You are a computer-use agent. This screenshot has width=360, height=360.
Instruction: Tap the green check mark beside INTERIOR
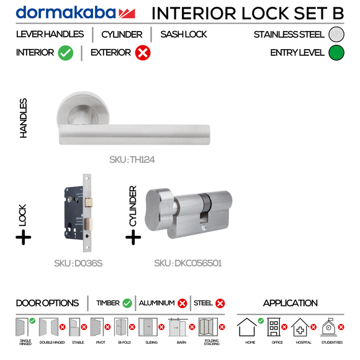[66, 53]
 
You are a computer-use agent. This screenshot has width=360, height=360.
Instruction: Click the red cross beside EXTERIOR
[142, 53]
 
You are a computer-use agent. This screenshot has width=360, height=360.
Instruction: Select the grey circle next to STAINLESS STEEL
[336, 35]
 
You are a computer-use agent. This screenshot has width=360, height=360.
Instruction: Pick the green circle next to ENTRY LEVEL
[336, 53]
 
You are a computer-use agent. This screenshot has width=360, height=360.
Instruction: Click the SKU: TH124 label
[132, 160]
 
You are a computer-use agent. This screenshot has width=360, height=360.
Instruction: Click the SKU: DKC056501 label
[188, 263]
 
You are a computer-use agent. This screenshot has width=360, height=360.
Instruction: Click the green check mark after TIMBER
[127, 304]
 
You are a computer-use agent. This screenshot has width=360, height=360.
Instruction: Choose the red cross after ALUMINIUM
[182, 304]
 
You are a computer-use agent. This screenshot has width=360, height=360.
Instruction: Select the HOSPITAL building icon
[300, 327]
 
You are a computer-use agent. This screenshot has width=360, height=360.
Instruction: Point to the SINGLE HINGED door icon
[22, 327]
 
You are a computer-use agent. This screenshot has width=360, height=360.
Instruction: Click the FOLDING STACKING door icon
[208, 327]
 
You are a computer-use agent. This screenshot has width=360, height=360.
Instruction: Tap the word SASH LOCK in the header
[184, 35]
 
